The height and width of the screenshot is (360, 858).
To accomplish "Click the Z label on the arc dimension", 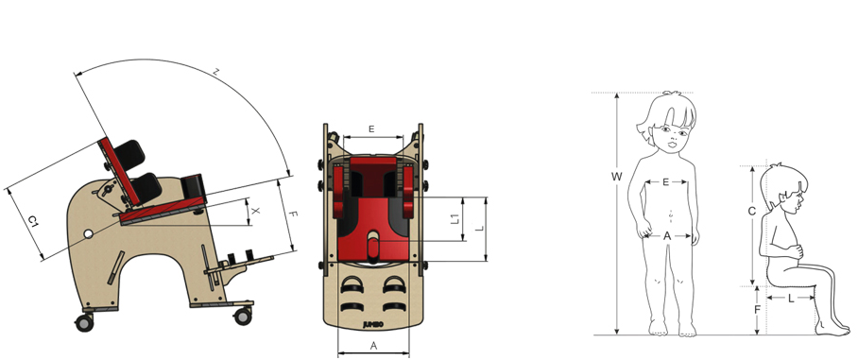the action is [217, 72].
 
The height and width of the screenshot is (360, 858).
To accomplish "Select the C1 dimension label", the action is [33, 222].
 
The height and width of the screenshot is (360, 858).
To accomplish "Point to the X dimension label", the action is [256, 212].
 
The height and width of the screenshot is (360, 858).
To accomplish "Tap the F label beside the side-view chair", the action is [293, 215].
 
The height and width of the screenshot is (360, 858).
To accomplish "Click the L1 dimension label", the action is [455, 219].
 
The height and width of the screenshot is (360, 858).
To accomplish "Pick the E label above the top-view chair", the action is [371, 129].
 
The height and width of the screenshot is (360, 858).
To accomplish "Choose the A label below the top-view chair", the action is [374, 345].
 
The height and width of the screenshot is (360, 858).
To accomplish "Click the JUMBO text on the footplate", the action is [374, 324].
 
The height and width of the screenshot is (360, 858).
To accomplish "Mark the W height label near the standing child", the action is [617, 177].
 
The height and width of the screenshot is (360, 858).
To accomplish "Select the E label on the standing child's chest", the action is [665, 182].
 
